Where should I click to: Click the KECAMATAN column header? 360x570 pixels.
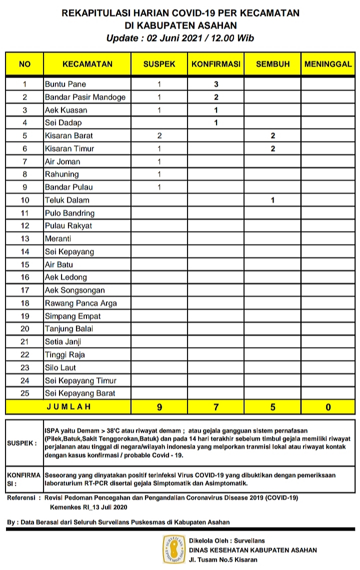point(87,64)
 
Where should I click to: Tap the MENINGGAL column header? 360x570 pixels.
point(327,64)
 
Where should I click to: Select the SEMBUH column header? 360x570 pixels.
point(272,64)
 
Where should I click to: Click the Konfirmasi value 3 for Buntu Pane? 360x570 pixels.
point(216,84)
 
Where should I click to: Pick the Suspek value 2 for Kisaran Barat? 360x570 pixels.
point(159,135)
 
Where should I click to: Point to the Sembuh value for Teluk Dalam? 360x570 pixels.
point(272,200)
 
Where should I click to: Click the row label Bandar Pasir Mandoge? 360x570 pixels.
point(85,97)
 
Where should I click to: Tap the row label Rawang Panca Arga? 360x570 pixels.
point(80,303)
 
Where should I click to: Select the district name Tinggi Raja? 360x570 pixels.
point(65,354)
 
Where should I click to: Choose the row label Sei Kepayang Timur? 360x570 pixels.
point(80,380)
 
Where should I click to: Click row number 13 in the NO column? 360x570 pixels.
point(25,238)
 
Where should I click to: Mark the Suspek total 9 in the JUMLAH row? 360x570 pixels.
point(159,407)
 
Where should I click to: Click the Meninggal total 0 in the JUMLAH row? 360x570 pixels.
point(328,407)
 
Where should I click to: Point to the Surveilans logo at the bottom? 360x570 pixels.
point(174,549)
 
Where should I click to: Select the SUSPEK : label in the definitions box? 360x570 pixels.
point(22,443)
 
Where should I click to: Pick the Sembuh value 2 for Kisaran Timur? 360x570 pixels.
point(272,148)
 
